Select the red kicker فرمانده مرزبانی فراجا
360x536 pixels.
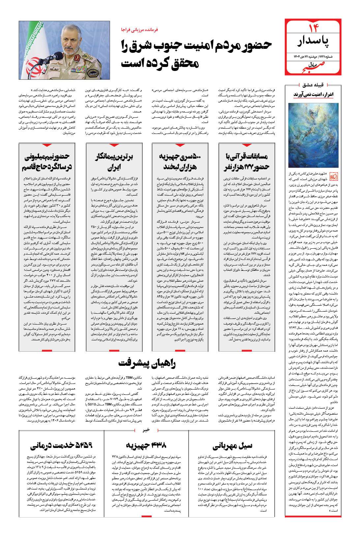[140, 29]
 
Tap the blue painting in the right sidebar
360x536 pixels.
[311, 135]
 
